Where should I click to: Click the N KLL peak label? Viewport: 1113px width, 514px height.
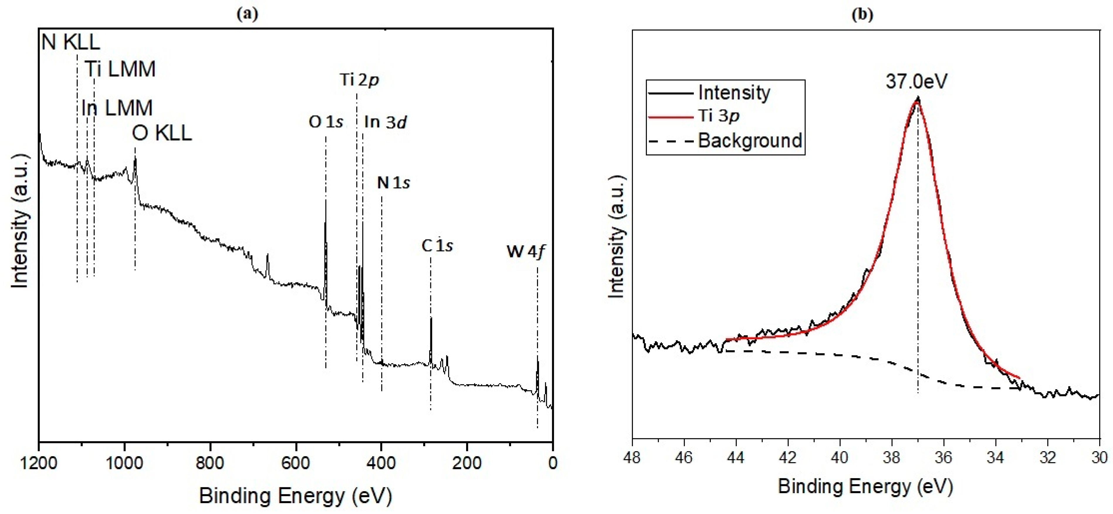[70, 42]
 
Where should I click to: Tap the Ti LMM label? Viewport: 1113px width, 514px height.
[120, 69]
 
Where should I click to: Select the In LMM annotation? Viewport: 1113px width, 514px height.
[117, 108]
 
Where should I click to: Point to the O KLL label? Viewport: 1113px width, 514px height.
[162, 133]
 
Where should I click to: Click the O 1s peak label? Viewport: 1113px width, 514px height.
[326, 122]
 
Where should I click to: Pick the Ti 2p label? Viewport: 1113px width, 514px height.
[359, 80]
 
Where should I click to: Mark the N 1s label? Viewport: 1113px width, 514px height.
[393, 183]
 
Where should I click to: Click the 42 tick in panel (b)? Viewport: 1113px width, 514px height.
[788, 457]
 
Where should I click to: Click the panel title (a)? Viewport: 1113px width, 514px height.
[248, 14]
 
